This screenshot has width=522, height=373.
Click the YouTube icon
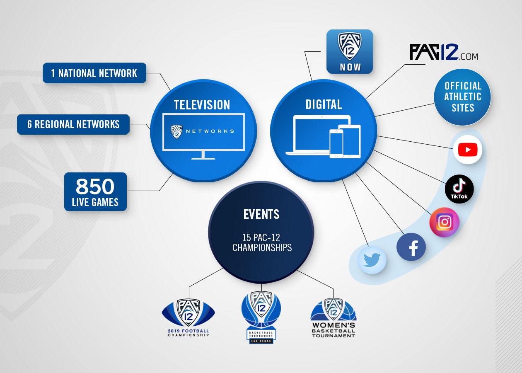pos(468,150)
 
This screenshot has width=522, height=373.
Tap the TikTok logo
pos(459,189)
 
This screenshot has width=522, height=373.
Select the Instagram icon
pos(445,222)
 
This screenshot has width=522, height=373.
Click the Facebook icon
pos(411,247)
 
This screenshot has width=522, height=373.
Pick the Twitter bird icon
pos(372,260)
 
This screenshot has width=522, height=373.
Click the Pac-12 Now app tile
pos(350,51)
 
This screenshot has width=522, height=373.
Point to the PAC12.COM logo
pos(444,52)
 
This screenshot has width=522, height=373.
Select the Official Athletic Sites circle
pos(463,97)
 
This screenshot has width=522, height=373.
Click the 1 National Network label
pos(94,73)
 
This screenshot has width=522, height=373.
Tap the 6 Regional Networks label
pos(73,124)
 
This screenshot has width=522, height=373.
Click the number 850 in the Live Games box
pos(95,187)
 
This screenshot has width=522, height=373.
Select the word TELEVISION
pos(202,105)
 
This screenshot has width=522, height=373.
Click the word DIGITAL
pos(324,104)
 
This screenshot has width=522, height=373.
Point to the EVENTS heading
pos(261,214)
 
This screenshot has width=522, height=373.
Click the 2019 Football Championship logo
pos(188,317)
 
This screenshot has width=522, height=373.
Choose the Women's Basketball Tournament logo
pos(333,318)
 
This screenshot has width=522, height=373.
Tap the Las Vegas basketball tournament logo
pos(261,317)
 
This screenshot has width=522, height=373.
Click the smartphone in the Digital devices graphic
pos(336,143)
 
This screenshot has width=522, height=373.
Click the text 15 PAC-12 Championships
pos(261,242)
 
